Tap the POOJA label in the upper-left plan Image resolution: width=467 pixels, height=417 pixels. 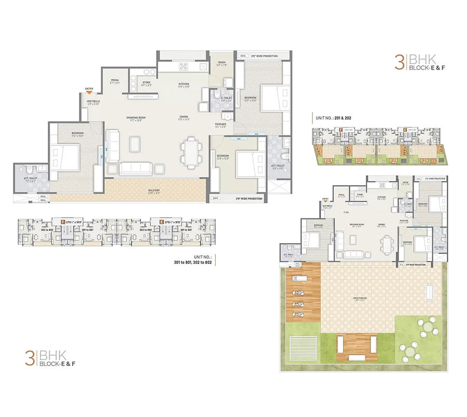point(115,80)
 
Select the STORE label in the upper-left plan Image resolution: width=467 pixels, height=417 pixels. point(147,82)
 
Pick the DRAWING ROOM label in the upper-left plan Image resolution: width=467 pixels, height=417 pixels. point(136,118)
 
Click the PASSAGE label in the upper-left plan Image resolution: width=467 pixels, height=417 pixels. point(221,124)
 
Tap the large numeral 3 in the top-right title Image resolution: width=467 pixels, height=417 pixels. point(399,62)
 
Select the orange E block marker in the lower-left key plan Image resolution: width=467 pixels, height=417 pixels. point(162,221)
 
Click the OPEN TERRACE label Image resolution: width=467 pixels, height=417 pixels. point(358,298)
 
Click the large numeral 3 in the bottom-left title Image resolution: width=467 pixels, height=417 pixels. point(30,358)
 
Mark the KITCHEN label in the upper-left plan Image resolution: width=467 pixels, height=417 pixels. point(184,84)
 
